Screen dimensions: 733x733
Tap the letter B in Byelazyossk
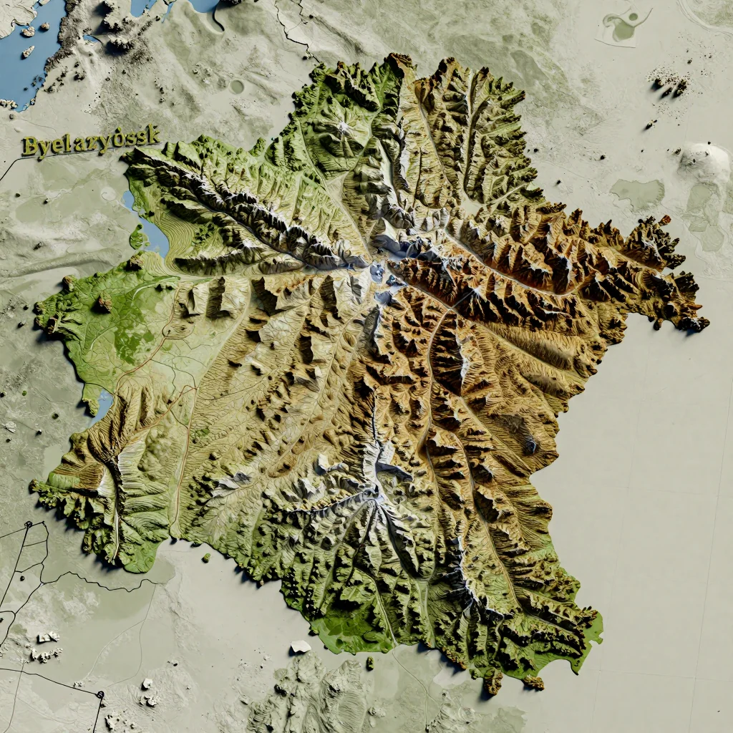point(29,147)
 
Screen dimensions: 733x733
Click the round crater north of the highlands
point(237,87)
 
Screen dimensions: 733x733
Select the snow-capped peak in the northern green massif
point(343,128)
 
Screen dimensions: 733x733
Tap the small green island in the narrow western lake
point(137,237)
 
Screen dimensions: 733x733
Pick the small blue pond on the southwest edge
point(102,405)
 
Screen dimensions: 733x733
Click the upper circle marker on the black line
point(28,525)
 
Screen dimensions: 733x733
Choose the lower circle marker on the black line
point(99,694)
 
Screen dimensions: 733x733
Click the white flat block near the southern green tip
point(301,646)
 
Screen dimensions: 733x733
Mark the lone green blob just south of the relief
point(206,557)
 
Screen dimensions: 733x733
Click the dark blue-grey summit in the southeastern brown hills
point(530,445)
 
